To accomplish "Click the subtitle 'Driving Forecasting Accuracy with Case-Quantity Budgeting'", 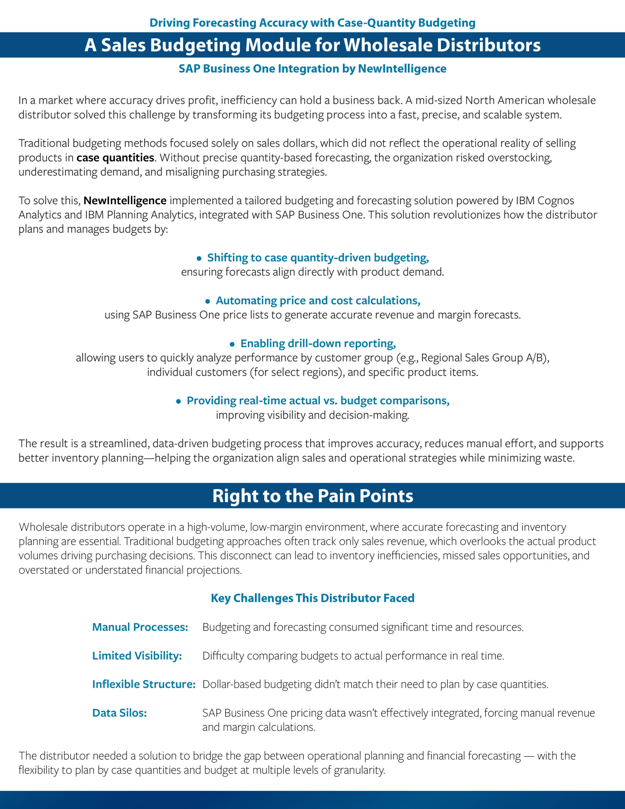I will (x=312, y=23).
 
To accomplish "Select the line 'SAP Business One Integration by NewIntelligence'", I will (x=312, y=69).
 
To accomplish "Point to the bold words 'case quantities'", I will (x=115, y=158).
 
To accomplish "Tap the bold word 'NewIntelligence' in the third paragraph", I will (x=125, y=201).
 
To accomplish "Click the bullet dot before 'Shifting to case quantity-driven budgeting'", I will (x=199, y=258).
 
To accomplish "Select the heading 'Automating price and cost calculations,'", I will (x=318, y=301).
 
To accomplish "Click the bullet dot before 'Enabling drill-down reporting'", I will (x=232, y=344).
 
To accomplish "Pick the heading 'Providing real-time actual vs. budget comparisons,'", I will (x=318, y=401).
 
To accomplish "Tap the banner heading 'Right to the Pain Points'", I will (x=312, y=496).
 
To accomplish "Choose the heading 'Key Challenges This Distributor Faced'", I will (x=312, y=598).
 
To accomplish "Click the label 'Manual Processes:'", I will (x=140, y=627).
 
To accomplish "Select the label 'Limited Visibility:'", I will (x=137, y=656).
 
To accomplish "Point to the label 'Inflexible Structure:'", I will (x=144, y=684).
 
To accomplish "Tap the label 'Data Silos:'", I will (x=119, y=713).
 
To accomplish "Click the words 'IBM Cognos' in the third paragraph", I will (x=545, y=201).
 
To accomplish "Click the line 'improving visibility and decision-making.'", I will (x=312, y=415).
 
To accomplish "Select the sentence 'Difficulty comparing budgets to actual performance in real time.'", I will (x=353, y=656).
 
